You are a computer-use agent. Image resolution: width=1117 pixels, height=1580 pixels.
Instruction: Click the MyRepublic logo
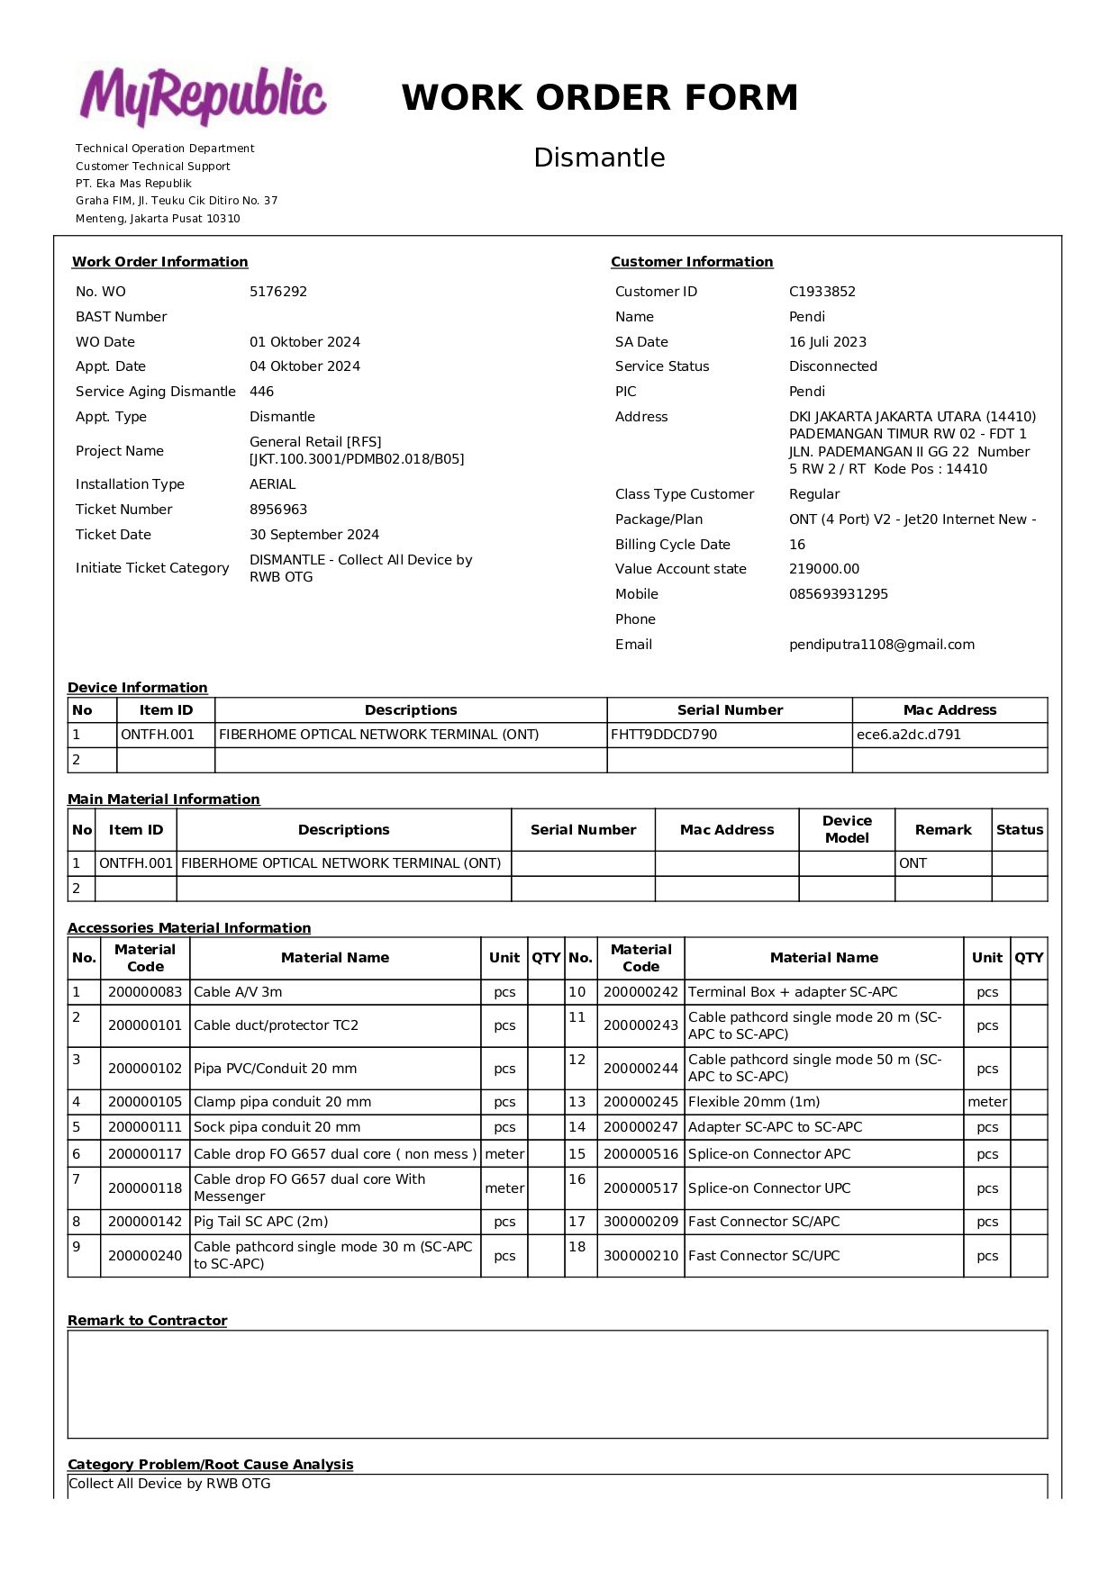coord(203,95)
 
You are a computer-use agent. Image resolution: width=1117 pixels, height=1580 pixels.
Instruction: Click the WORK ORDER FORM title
coord(599,97)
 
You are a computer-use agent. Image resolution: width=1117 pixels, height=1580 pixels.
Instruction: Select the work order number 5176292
coord(278,292)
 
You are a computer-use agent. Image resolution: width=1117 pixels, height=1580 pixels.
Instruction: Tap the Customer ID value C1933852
coord(822,292)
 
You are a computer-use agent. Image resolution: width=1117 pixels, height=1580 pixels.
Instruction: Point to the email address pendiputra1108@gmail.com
coord(881,645)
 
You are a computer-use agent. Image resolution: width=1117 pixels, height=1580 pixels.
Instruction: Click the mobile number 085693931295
coord(838,594)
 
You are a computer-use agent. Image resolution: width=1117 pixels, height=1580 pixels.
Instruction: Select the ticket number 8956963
coord(278,510)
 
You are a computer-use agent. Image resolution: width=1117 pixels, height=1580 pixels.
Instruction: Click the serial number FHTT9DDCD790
coord(664,735)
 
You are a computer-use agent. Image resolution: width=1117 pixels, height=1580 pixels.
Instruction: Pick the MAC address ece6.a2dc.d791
coord(908,735)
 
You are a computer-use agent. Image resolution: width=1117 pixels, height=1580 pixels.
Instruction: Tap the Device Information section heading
coord(137,688)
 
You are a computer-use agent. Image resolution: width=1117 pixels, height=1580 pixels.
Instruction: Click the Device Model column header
coord(847,829)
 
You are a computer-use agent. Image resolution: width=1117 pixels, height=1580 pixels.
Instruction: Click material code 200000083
coord(145,992)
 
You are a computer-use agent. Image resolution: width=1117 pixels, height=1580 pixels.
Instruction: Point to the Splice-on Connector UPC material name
coord(768,1188)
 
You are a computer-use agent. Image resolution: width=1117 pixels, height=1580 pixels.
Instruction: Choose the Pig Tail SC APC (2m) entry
coord(260,1222)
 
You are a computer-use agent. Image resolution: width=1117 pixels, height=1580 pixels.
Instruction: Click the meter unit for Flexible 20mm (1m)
coord(986,1102)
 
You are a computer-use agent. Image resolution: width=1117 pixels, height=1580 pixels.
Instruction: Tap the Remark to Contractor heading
coord(147,1321)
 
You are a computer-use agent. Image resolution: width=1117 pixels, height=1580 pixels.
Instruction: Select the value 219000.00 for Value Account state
coord(823,569)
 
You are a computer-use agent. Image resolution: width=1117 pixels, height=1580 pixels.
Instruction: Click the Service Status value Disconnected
coord(832,366)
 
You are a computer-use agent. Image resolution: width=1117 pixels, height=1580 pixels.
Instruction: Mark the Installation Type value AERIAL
coord(272,484)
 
